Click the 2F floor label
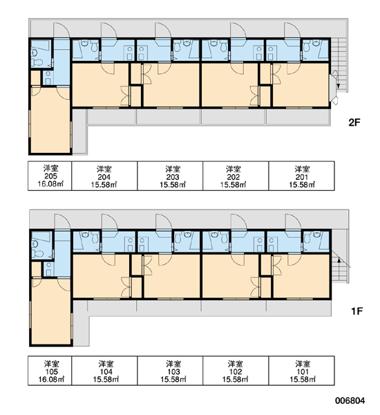[x=354, y=122]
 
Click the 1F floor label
[x=357, y=311]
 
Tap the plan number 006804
[x=350, y=400]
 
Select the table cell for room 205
[x=50, y=176]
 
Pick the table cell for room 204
[x=104, y=176]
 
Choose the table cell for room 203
[x=170, y=176]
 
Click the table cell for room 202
[x=236, y=176]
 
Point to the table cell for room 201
[x=301, y=176]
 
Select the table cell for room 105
[x=50, y=371]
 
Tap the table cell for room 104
[x=104, y=371]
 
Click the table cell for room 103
[x=170, y=371]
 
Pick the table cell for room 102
[x=236, y=371]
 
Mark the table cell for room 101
[x=301, y=371]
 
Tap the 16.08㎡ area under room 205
[x=50, y=184]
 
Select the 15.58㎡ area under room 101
[x=303, y=379]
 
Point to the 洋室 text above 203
[x=173, y=169]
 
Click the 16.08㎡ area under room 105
[x=52, y=379]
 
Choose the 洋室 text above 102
[x=236, y=364]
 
